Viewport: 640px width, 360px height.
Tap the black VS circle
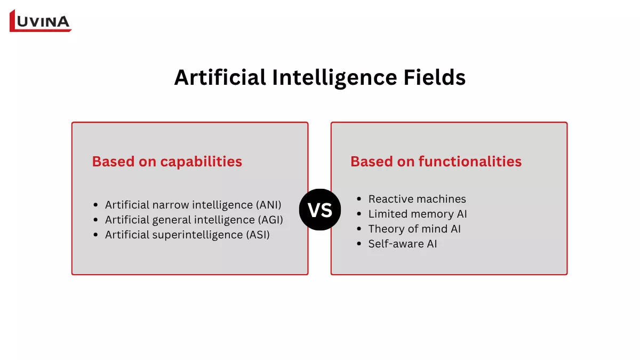tap(320, 210)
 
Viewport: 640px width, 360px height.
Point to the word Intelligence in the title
tap(332, 78)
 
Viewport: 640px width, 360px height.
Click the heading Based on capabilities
tap(167, 162)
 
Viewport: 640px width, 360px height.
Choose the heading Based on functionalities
tap(436, 162)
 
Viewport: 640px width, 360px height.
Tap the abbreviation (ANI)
tap(268, 205)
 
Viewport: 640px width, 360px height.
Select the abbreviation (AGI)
tap(269, 220)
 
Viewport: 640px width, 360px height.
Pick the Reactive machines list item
tap(417, 199)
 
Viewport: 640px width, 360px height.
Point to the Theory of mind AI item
tap(414, 229)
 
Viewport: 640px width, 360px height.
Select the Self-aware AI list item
tap(402, 244)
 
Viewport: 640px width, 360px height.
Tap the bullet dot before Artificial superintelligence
tap(95, 235)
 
